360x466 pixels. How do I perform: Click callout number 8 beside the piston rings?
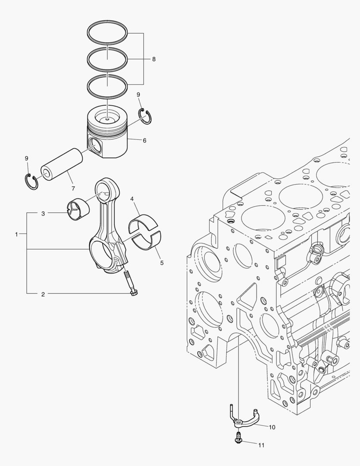pyautogui.click(x=154, y=59)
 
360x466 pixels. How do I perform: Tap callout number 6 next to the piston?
pyautogui.click(x=144, y=140)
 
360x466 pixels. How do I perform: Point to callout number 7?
pyautogui.click(x=73, y=189)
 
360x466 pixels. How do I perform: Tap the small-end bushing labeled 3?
pyautogui.click(x=79, y=208)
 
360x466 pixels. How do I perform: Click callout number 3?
pyautogui.click(x=43, y=214)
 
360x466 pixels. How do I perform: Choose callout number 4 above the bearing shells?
pyautogui.click(x=132, y=199)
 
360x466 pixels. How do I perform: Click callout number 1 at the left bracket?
pyautogui.click(x=17, y=234)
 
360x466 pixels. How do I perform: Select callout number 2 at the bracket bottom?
pyautogui.click(x=43, y=294)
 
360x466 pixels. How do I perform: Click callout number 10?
pyautogui.click(x=272, y=427)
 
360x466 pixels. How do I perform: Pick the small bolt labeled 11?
pyautogui.click(x=237, y=438)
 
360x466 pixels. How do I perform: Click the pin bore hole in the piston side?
pyautogui.click(x=96, y=146)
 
